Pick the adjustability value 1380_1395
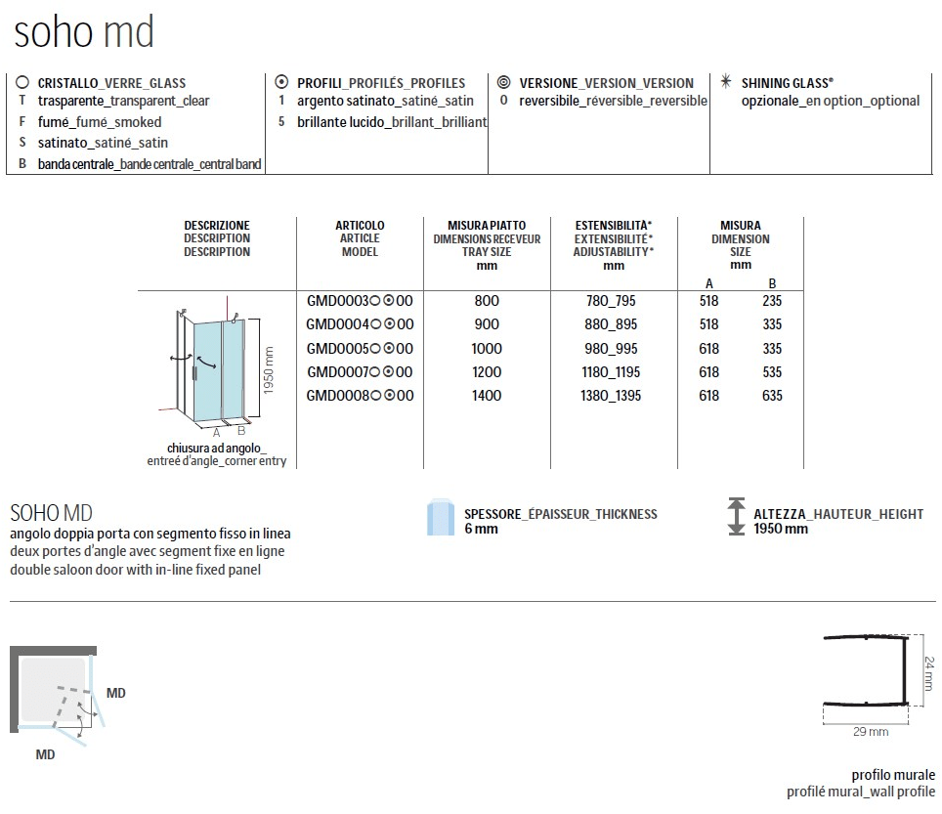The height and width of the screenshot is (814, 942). click(x=612, y=396)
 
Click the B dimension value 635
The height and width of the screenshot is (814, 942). click(x=773, y=396)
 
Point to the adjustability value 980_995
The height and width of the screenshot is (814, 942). click(x=612, y=349)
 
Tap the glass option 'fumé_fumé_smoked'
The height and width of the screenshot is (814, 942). click(x=100, y=122)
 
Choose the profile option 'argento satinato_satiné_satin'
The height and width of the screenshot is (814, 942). click(x=384, y=101)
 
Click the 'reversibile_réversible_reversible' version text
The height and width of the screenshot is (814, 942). click(x=613, y=101)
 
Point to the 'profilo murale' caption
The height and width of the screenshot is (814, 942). click(x=892, y=774)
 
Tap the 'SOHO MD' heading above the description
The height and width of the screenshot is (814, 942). click(x=51, y=513)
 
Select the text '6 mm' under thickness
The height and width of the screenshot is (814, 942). click(x=481, y=529)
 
